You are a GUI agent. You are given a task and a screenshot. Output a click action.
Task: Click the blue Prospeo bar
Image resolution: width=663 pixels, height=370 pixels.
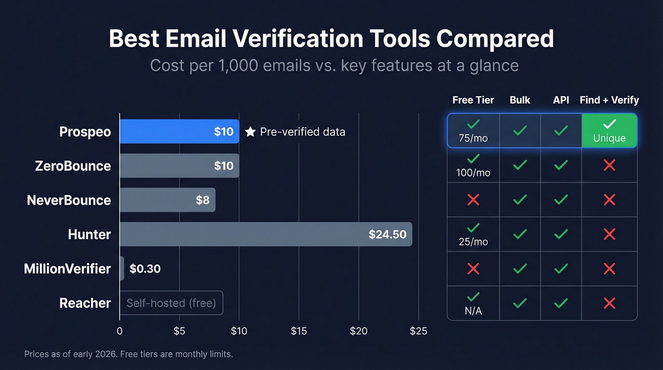pos(179,131)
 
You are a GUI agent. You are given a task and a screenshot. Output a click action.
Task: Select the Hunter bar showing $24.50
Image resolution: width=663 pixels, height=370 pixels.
pos(266,234)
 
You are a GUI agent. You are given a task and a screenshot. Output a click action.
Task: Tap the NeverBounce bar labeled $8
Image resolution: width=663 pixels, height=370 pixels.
pos(167,200)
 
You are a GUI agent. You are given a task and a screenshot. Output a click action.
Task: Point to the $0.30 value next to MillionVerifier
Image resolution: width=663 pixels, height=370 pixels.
pos(145,269)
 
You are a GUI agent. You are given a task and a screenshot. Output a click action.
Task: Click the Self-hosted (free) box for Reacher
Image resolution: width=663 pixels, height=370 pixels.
pos(171,303)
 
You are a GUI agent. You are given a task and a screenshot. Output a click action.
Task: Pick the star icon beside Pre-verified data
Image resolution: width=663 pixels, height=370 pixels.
pos(250,132)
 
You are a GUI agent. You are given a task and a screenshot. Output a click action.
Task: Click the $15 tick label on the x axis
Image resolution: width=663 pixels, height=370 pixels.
pos(299,331)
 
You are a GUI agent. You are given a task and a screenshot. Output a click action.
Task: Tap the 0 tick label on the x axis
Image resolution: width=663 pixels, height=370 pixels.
pos(119,331)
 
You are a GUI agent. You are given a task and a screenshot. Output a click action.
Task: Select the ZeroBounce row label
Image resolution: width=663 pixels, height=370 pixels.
pos(73,166)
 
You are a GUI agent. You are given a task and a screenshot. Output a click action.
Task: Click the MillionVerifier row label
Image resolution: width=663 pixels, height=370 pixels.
pos(67,269)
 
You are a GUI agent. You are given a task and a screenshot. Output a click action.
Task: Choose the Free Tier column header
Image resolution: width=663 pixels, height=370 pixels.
pos(473,100)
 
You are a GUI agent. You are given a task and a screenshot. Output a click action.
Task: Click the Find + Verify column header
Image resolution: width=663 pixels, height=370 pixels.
pos(609,100)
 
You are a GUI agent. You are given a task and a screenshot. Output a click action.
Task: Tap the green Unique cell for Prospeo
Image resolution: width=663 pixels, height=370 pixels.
pos(609,131)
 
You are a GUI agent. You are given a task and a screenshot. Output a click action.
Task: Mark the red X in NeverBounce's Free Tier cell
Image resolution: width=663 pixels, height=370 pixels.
pos(473,200)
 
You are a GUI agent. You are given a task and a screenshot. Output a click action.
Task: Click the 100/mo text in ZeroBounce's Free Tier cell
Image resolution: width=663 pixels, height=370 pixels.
pos(473,173)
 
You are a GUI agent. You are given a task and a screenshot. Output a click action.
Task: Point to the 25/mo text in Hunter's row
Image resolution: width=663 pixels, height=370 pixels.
pos(473,242)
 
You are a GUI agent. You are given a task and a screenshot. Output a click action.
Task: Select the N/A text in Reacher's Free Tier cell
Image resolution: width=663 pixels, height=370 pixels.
pos(473,310)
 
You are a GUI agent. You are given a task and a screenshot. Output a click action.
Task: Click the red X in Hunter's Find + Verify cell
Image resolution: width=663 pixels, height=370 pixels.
pos(609,234)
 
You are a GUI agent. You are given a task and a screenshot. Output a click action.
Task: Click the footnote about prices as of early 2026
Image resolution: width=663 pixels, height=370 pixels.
pos(128,354)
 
